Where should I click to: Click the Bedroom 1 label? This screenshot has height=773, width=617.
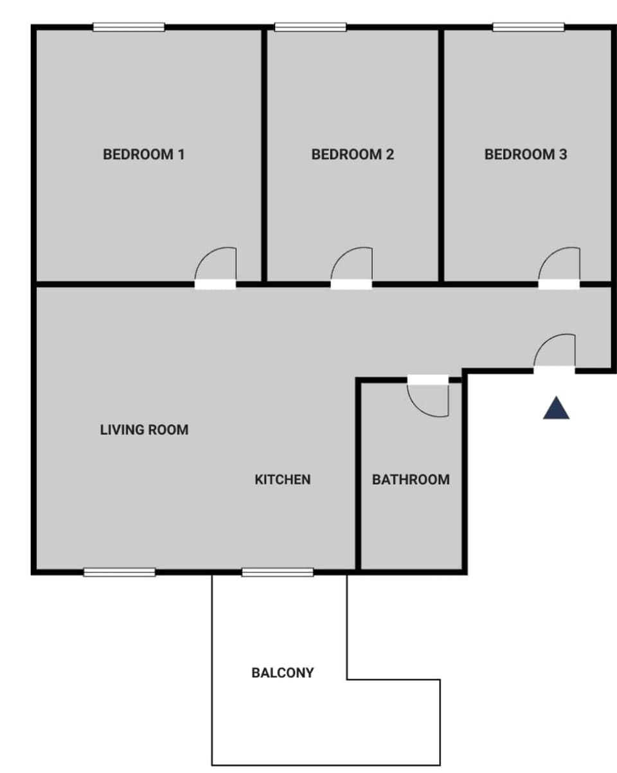144,155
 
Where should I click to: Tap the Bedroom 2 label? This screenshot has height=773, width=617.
352,155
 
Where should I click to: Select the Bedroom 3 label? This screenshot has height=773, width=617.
526,155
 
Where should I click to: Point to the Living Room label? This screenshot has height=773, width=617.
145,430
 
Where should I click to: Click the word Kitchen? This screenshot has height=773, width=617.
283,480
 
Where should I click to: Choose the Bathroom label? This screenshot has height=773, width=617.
411,480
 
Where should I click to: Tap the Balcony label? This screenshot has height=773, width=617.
283,673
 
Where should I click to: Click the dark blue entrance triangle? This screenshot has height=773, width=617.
556,410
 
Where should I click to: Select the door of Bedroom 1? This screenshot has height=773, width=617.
215,284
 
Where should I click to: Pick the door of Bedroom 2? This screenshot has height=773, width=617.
352,284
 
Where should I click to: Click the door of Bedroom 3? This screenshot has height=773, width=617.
559,284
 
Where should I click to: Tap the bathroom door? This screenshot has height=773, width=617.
428,380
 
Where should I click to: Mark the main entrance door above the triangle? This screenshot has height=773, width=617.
554,369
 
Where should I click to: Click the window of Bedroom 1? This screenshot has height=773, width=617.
129,27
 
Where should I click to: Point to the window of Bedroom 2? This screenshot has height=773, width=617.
310,27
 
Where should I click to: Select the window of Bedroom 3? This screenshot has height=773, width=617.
529,27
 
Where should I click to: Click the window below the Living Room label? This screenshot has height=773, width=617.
120,572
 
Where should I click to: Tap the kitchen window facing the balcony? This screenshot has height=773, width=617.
278,572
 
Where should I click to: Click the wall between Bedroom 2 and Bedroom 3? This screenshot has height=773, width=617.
442,155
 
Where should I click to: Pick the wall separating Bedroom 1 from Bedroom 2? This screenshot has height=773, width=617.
264,155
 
